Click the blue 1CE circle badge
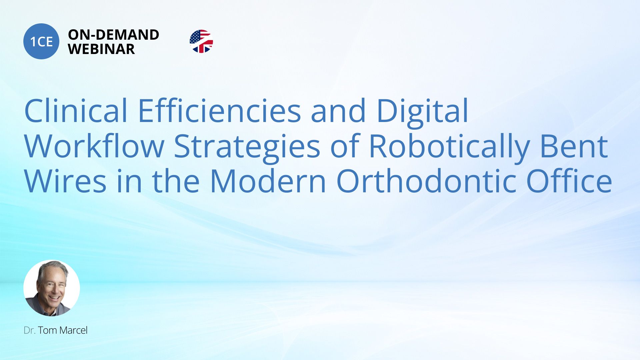click(x=41, y=41)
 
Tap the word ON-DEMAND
click(x=113, y=35)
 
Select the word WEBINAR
click(x=101, y=49)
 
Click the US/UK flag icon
click(x=201, y=41)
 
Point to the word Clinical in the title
click(x=76, y=110)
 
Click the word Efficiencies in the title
click(x=219, y=110)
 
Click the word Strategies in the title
click(x=247, y=149)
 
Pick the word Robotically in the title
click(x=450, y=149)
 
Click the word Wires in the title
click(x=65, y=181)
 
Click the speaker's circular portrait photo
click(x=52, y=288)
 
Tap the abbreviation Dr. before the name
click(x=30, y=330)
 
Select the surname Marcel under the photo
click(x=73, y=330)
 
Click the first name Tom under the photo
click(x=47, y=330)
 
